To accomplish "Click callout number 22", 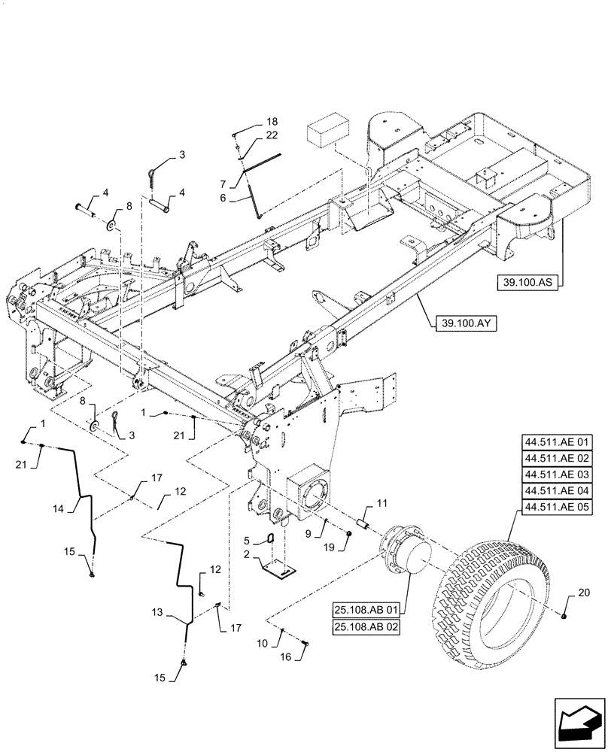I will pyautogui.click(x=272, y=135).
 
